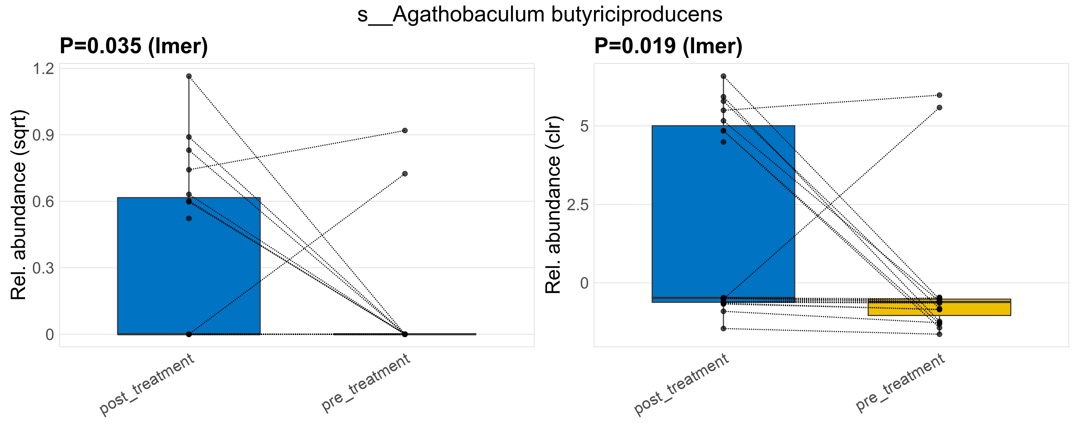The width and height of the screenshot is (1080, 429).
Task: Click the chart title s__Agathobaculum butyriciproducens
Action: [x=540, y=15]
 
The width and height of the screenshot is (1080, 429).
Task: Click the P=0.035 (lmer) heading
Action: [x=134, y=46]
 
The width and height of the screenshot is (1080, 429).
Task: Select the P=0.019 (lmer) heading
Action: [x=668, y=46]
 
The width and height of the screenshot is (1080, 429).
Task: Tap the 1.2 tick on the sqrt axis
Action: [x=44, y=69]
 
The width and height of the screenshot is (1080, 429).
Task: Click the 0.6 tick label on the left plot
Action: [x=44, y=202]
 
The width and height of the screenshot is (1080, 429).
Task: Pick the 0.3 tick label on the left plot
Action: [x=44, y=268]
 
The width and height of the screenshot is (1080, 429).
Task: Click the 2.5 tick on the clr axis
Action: [x=578, y=205]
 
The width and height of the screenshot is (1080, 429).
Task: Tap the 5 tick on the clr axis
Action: [x=584, y=126]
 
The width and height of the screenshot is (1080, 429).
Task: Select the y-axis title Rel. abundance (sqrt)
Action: [x=19, y=205]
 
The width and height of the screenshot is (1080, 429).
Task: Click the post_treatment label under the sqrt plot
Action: [x=147, y=384]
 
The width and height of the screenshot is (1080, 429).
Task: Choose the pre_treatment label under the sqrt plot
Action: [x=365, y=382]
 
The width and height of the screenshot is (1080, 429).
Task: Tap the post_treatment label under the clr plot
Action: [x=682, y=384]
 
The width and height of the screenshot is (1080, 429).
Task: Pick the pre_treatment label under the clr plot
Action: [x=900, y=382]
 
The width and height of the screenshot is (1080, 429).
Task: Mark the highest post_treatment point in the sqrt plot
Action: [x=189, y=76]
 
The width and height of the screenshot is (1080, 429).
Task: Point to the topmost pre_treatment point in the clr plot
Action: [x=939, y=95]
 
